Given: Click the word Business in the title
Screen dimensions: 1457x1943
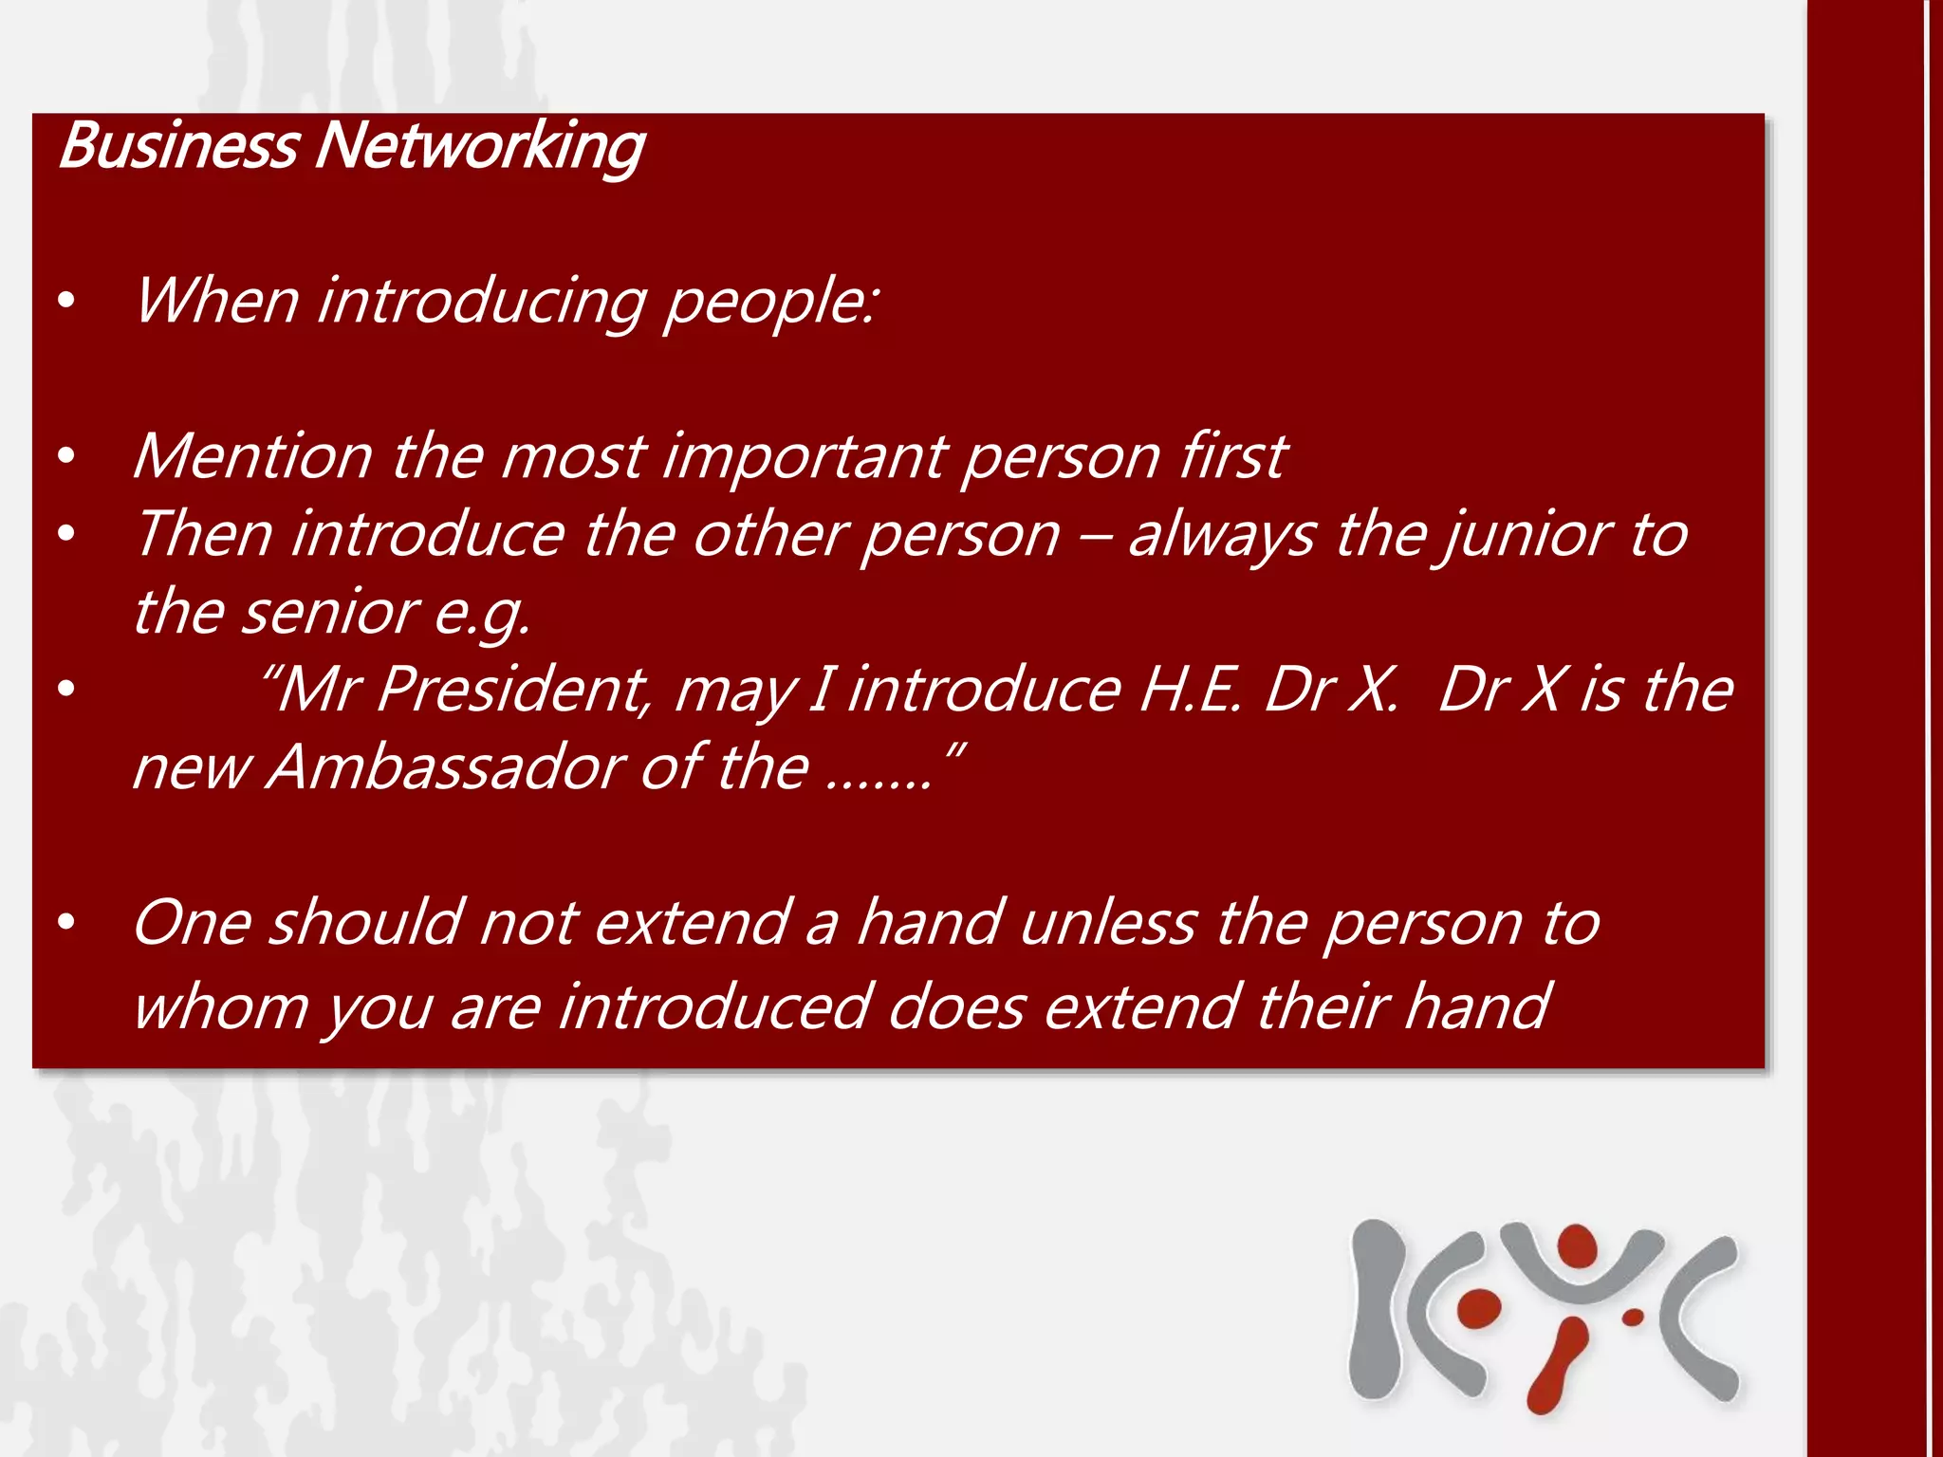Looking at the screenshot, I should pos(178,147).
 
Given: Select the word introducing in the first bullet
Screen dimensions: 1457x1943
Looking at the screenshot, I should pos(482,302).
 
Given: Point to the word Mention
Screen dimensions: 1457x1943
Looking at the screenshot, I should pos(252,456).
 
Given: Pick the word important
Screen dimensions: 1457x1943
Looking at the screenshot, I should pos(804,458).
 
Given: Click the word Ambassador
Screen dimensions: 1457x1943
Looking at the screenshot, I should pos(444,767).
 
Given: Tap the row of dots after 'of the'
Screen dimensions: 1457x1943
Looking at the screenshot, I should pos(879,783).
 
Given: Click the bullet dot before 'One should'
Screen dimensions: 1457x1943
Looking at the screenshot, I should pos(65,922).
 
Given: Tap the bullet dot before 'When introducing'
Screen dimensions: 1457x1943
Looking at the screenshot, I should pos(65,302).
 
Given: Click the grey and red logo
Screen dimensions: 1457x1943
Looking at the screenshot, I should pos(1544,1314).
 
